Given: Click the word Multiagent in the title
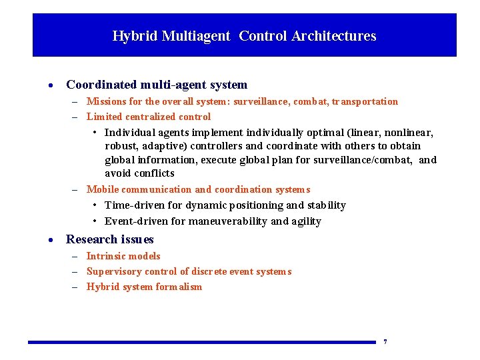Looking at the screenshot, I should pyautogui.click(x=197, y=36).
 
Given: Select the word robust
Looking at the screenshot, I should pyautogui.click(x=120, y=146).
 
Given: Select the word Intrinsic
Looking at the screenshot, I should pyautogui.click(x=105, y=256).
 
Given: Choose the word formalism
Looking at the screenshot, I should pyautogui.click(x=179, y=287).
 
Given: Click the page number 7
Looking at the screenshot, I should pyautogui.click(x=385, y=342).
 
